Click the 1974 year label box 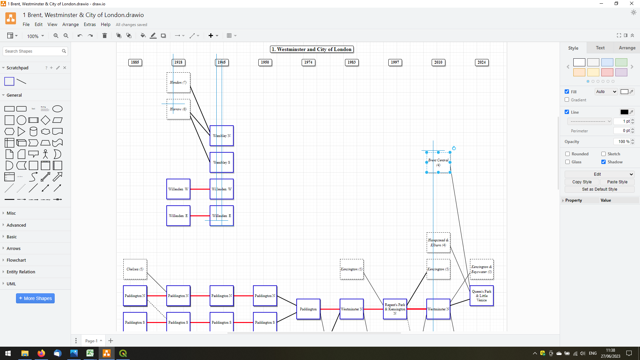pyautogui.click(x=308, y=62)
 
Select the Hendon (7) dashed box pyautogui.click(x=178, y=83)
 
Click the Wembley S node pyautogui.click(x=222, y=163)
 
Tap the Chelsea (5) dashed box pyautogui.click(x=135, y=269)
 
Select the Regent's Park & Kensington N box pyautogui.click(x=395, y=309)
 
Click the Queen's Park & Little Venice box pyautogui.click(x=482, y=296)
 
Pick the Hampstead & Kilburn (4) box pyautogui.click(x=438, y=243)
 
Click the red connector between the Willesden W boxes pyautogui.click(x=200, y=189)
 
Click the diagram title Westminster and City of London pyautogui.click(x=312, y=49)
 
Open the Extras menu pyautogui.click(x=90, y=24)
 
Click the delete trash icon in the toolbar pyautogui.click(x=104, y=36)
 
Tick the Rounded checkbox pyautogui.click(x=567, y=154)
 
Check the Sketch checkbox pyautogui.click(x=603, y=154)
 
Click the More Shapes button pyautogui.click(x=35, y=298)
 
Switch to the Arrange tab pyautogui.click(x=627, y=48)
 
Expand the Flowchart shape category pyautogui.click(x=16, y=260)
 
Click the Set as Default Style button pyautogui.click(x=599, y=189)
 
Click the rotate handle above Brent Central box pyautogui.click(x=454, y=148)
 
